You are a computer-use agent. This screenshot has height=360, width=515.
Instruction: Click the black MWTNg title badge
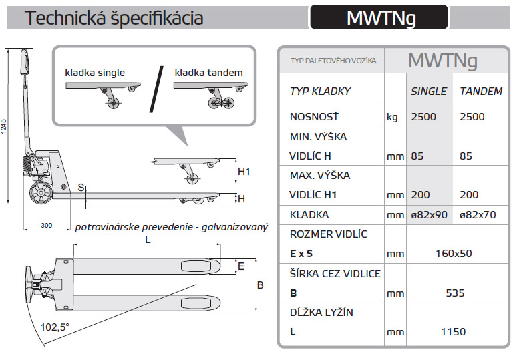(379, 17)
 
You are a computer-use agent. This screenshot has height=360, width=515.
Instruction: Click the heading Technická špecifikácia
(114, 18)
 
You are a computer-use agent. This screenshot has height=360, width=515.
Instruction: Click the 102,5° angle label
(55, 327)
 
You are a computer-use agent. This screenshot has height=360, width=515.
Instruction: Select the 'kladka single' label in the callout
(95, 72)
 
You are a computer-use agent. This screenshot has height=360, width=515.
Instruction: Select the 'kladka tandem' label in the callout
(209, 72)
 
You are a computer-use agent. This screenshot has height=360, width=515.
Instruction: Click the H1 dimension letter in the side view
(244, 172)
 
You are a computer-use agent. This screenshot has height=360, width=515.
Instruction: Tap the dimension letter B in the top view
(261, 285)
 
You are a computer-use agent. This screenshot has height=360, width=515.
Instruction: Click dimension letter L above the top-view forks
(148, 238)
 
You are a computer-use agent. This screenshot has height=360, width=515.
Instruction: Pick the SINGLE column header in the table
(429, 91)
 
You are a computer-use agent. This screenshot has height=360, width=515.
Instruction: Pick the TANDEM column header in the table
(481, 91)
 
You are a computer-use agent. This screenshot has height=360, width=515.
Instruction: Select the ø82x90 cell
(429, 215)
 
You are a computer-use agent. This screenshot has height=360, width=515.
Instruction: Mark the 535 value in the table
(454, 293)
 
